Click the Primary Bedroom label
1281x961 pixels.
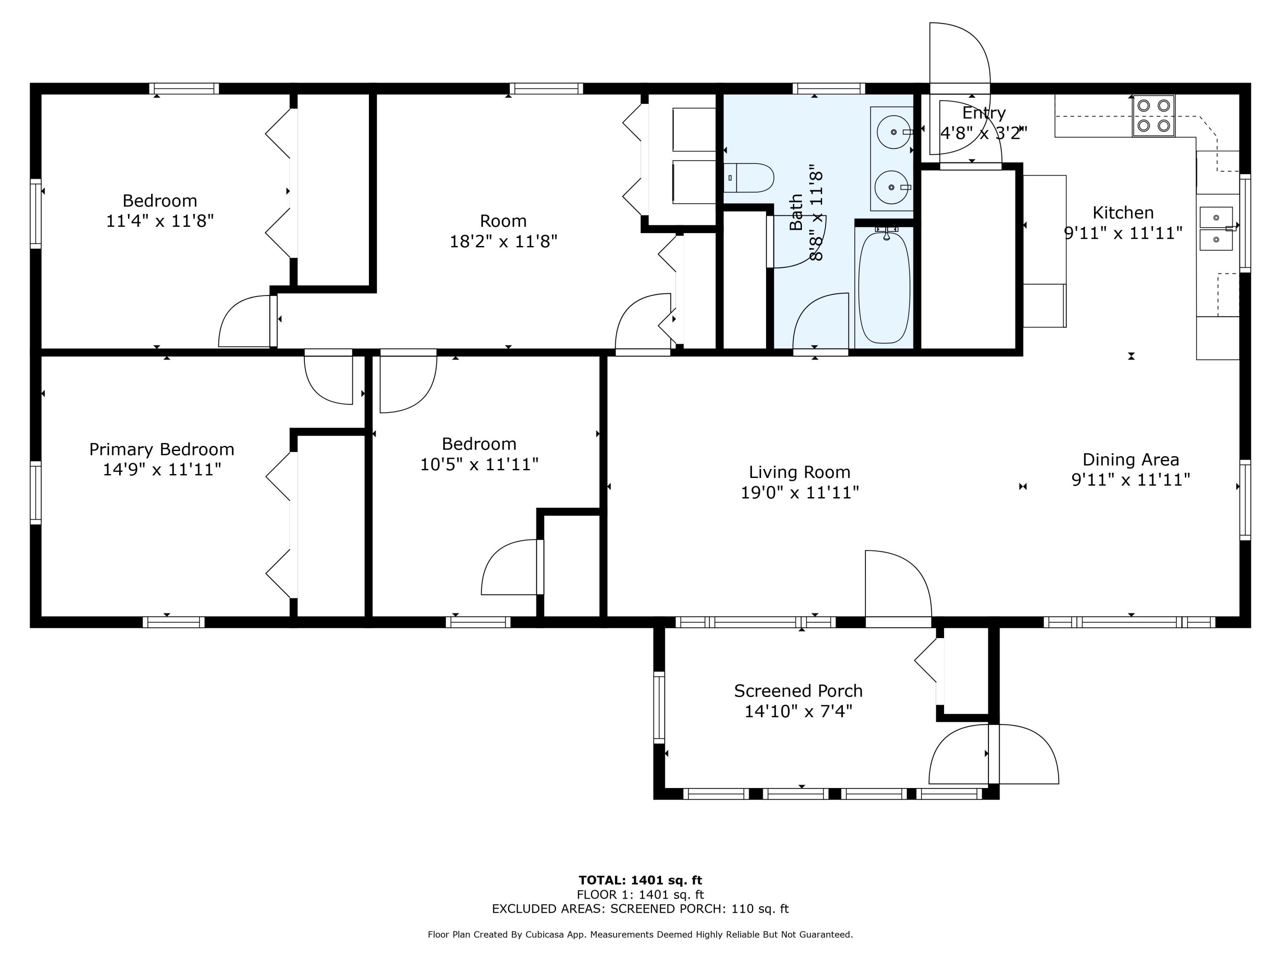pos(161,449)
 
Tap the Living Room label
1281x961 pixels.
pos(800,472)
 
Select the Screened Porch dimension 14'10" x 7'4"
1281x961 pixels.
pos(798,711)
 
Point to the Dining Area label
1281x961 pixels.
pos(1131,459)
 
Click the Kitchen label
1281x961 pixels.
pos(1123,213)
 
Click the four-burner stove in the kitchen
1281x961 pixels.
pos(1154,116)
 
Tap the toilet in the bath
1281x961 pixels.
pos(749,178)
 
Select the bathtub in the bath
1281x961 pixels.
pos(884,287)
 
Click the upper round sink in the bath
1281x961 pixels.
pos(894,132)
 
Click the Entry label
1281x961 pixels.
pos(984,113)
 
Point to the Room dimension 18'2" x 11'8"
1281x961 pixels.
pos(503,241)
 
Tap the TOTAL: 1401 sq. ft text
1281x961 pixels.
pos(640,880)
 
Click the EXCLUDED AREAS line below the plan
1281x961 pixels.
pos(640,908)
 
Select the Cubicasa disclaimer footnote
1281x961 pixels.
pos(640,935)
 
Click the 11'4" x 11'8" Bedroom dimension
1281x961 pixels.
pos(160,221)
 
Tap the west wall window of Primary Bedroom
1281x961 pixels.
pos(36,492)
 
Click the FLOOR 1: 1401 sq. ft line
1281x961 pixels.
pos(640,894)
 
